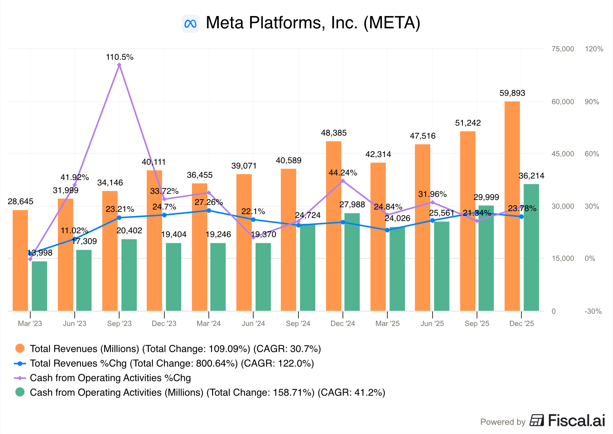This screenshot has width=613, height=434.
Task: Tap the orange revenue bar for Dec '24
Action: pos(334,226)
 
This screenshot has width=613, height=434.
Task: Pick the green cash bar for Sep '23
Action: pos(129,275)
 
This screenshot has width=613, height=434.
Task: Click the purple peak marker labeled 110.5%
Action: pos(119,65)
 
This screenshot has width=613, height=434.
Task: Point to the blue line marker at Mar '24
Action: pos(209,211)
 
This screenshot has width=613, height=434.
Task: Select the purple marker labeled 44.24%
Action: pos(343,181)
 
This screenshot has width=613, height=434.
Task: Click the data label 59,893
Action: pos(512,93)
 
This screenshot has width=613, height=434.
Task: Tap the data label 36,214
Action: pos(531,176)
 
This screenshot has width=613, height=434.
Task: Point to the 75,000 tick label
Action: pos(563,49)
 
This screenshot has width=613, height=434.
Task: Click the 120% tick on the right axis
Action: pos(594,49)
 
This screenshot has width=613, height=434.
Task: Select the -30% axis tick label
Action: pos(593,311)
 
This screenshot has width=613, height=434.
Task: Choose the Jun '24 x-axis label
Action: pos(253,324)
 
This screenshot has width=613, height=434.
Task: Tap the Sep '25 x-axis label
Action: pos(477,324)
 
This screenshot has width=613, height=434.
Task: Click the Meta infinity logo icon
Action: pos(190,24)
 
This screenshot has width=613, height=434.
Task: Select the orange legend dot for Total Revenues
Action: pos(20,348)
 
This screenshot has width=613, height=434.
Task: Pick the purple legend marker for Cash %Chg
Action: pos(20,378)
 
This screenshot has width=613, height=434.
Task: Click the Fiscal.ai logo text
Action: pos(576,421)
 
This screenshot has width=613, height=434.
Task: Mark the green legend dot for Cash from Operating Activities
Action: pos(20,392)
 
